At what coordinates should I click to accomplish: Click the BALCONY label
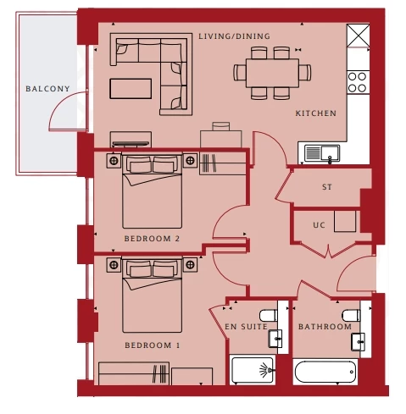47,89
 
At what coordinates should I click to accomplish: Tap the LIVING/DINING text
234,36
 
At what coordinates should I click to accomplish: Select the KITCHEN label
316,113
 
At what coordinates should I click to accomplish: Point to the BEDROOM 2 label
152,239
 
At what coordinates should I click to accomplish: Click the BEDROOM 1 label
153,345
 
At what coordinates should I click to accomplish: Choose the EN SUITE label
246,327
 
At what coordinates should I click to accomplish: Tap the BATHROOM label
325,327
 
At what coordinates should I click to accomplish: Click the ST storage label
327,187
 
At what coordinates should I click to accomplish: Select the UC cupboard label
319,225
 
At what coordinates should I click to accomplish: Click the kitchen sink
322,153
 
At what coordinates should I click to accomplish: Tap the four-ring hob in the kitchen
358,82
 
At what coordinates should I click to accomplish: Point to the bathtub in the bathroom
325,372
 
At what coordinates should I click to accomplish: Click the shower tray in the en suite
253,370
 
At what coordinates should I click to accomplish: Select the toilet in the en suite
269,316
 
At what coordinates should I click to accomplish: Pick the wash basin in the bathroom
358,342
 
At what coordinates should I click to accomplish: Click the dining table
272,73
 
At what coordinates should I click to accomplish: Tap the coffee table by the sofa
131,89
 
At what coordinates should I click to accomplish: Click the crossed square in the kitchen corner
358,36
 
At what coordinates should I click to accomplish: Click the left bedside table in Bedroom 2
114,161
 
